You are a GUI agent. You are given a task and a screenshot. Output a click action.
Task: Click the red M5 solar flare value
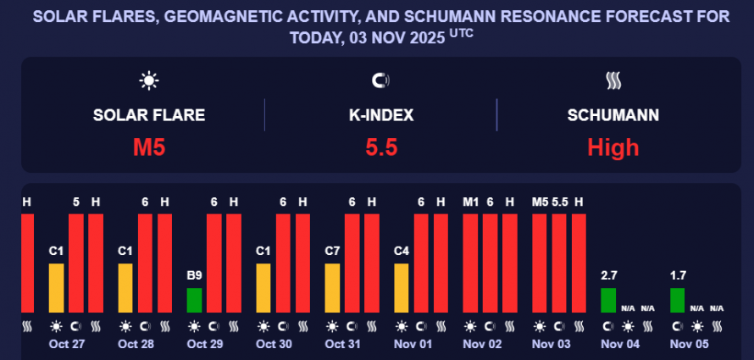tap(149, 147)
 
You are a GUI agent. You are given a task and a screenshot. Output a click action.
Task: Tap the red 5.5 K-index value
tap(381, 147)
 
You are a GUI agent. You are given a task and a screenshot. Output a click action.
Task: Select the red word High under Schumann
tap(613, 147)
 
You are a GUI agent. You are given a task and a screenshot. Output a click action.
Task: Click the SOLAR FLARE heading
tap(149, 115)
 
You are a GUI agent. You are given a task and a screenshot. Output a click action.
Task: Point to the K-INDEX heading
tap(381, 115)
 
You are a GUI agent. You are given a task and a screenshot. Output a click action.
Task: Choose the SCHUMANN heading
tap(613, 115)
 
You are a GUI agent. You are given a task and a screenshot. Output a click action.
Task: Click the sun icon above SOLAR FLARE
tap(149, 81)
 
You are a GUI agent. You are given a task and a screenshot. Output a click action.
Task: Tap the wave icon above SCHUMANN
tap(613, 81)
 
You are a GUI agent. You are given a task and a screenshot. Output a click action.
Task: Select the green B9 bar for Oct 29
tap(194, 300)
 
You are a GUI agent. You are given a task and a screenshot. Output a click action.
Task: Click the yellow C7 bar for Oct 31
tap(333, 288)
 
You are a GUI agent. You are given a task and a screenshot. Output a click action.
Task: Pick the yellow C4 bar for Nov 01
tap(402, 288)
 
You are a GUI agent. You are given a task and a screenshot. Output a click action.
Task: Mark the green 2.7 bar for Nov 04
tap(608, 300)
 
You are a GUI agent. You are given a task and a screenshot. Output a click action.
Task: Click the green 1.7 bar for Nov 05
tap(677, 300)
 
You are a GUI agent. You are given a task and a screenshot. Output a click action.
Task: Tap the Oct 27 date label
tap(67, 345)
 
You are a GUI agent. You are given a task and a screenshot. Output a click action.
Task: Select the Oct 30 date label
tap(274, 345)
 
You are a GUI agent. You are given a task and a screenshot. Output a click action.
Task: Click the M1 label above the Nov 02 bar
tap(471, 202)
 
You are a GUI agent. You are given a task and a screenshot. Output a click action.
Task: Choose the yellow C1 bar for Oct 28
tap(125, 288)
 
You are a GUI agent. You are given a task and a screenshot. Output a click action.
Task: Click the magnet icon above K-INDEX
tap(381, 81)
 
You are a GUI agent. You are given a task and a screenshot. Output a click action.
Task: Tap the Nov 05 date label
tap(688, 345)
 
